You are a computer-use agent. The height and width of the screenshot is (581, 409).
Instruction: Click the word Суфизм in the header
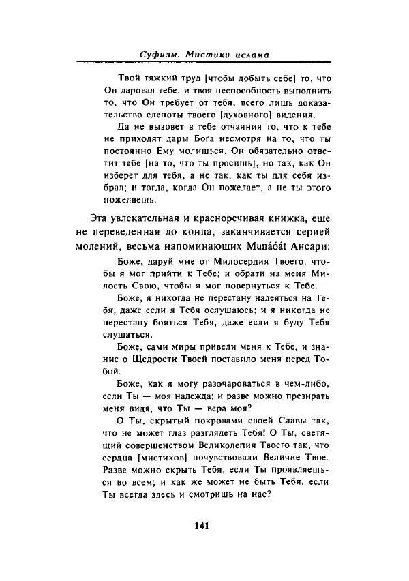tap(159, 54)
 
